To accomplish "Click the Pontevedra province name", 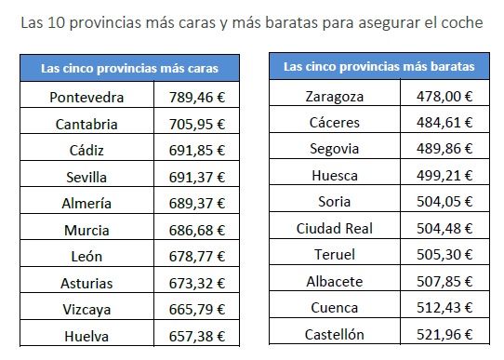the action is click(86, 98).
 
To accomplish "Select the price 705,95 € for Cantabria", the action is click(197, 125).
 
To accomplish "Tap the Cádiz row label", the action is click(86, 151).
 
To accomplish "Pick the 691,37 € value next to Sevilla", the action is click(197, 178).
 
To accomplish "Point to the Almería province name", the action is click(86, 204).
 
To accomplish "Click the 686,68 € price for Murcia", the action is click(197, 231).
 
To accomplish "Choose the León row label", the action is click(86, 257).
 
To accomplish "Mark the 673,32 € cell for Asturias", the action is click(197, 284).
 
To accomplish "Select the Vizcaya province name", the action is click(86, 310).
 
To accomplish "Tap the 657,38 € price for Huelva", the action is click(197, 337).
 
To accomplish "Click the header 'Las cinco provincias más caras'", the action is click(129, 69).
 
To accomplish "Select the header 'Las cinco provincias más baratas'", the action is click(379, 67).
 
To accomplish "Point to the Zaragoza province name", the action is click(334, 97).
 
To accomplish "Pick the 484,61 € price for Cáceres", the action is click(444, 123).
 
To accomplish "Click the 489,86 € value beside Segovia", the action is click(444, 149).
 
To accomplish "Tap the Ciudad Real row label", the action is click(334, 229).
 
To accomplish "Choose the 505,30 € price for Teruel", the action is click(444, 255).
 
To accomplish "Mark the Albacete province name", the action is click(334, 282).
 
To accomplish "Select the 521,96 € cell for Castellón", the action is click(444, 335).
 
